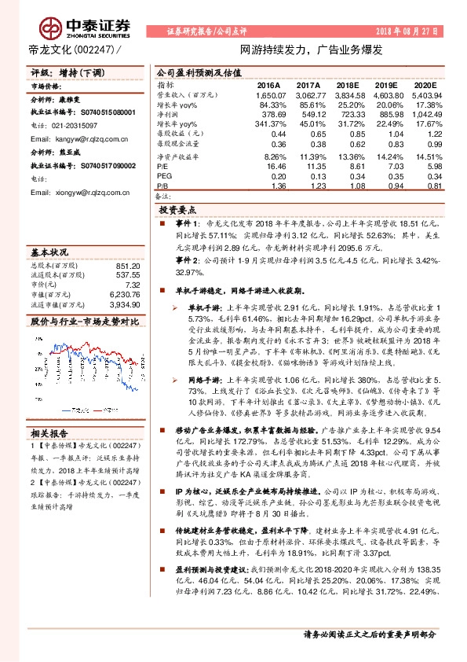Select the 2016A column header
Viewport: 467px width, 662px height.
(x=268, y=84)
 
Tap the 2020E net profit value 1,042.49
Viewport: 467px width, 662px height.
(x=425, y=115)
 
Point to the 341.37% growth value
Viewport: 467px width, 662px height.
(x=267, y=124)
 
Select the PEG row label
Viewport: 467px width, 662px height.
(x=164, y=176)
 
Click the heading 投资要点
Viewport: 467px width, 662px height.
(x=178, y=211)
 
